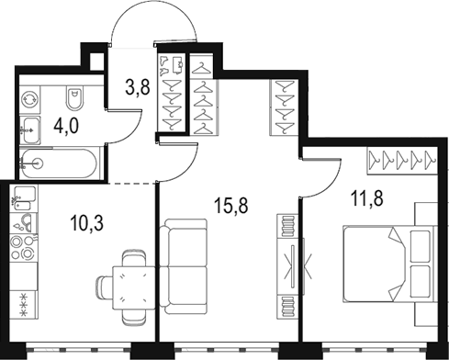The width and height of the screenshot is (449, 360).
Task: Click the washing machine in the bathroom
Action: coord(30,97)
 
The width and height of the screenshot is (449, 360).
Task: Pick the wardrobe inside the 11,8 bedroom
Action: coord(401,161)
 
